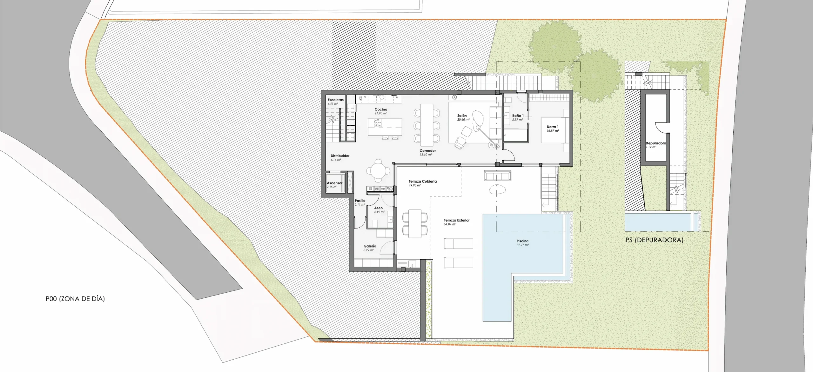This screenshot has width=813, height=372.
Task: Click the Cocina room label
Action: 381,111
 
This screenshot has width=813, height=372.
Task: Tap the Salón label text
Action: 463,117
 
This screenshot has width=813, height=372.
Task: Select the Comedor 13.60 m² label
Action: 427,152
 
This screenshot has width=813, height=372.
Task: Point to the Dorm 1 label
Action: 553,129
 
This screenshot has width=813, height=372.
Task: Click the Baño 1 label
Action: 518,117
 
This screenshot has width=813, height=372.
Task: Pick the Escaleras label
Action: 335,102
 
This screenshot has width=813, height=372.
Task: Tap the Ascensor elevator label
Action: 334,185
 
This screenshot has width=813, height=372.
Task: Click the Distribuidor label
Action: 340,157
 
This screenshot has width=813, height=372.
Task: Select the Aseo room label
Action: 379,210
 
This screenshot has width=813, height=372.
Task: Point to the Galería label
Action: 370,248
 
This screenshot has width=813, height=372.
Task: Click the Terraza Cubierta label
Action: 422,183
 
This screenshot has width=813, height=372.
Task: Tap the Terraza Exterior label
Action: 456,222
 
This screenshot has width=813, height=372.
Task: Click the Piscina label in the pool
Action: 522,243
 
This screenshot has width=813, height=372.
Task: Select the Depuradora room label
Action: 655,145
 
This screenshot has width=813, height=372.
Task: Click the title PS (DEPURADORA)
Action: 654,240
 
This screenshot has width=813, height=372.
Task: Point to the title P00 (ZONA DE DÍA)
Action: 75,299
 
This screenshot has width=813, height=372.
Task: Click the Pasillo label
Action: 360,203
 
